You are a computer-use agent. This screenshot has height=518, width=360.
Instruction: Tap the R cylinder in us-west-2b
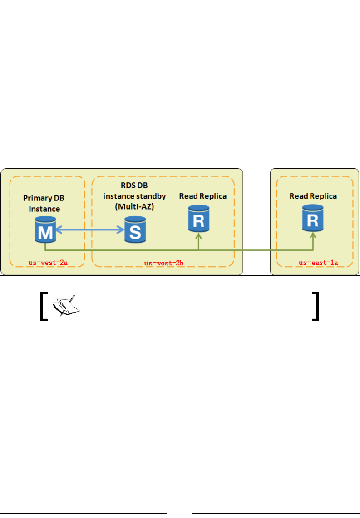[198, 219]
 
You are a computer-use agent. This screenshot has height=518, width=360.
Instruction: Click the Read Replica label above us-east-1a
[313, 196]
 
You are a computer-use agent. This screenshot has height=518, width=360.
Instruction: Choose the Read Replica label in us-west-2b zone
[203, 196]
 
